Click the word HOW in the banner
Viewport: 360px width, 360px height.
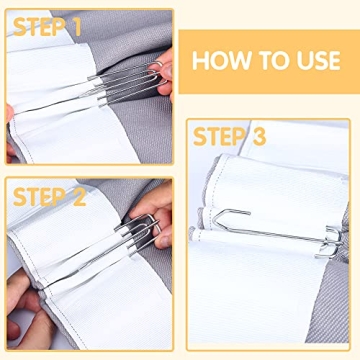pyautogui.click(x=218, y=59)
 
